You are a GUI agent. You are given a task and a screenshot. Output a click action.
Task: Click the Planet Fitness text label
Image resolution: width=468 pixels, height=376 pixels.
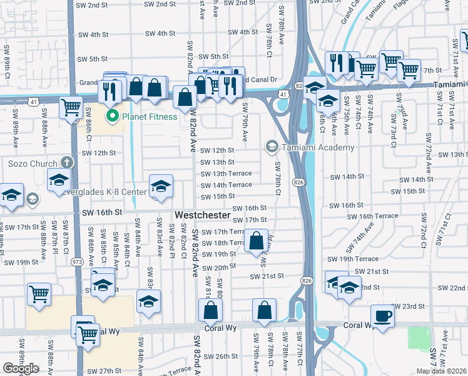click(x=150, y=116)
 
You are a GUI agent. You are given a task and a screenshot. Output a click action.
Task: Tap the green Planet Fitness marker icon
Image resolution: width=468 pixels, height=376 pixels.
click(x=113, y=115)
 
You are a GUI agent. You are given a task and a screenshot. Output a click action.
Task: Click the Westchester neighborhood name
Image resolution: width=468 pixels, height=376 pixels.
click(x=202, y=215)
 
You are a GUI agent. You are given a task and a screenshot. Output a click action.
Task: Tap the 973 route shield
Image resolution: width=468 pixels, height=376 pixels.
click(x=78, y=260)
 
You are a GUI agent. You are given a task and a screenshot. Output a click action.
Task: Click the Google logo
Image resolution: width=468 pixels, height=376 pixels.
click(x=21, y=368)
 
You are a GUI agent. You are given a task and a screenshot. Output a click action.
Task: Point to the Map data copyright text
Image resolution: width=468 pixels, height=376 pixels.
click(x=441, y=371)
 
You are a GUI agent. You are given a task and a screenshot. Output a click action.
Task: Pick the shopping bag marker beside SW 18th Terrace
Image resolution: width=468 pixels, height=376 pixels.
click(x=257, y=241)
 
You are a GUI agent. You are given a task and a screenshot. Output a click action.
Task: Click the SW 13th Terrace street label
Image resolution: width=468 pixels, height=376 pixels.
click(x=226, y=174)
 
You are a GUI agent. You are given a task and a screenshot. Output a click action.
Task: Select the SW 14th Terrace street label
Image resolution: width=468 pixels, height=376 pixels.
click(x=226, y=185)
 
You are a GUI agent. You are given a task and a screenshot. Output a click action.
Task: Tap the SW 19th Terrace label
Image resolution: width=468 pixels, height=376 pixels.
click(x=352, y=259)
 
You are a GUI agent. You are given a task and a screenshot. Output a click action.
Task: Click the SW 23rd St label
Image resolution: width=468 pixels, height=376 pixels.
click(x=408, y=306)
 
